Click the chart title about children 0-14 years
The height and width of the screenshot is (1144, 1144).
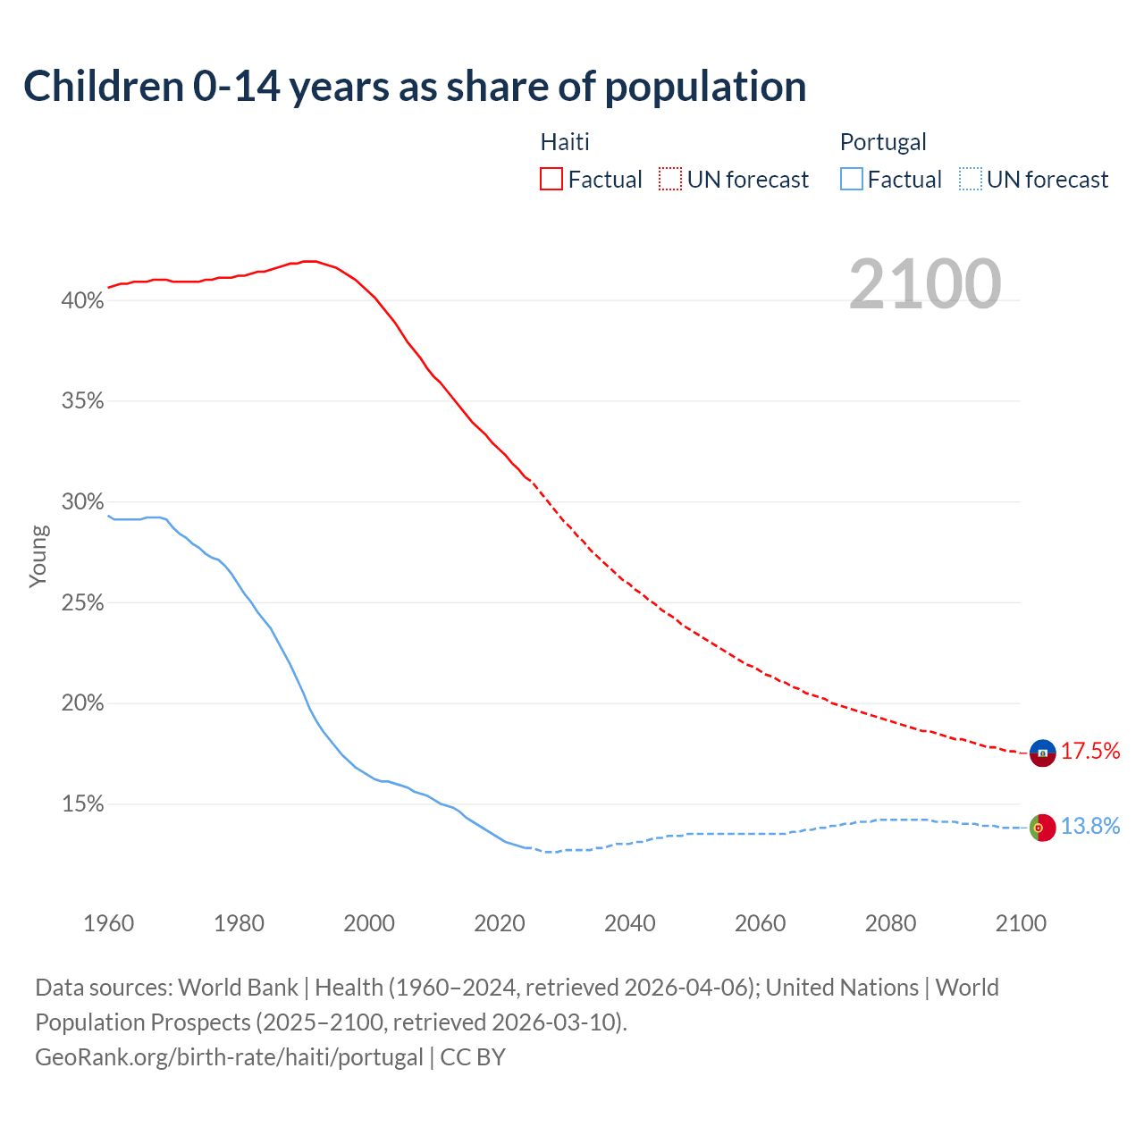tap(415, 87)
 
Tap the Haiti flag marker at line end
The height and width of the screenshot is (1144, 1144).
tap(1043, 753)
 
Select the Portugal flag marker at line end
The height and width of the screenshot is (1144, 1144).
tap(1043, 828)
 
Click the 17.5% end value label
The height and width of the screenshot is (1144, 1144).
tap(1090, 751)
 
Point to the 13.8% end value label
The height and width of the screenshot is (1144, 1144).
tap(1090, 826)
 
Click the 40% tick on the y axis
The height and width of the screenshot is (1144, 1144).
tap(82, 301)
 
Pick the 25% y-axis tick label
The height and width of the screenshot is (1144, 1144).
tap(82, 603)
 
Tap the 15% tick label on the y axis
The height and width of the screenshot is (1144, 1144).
tap(82, 804)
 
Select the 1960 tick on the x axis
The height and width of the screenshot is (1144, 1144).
tap(108, 923)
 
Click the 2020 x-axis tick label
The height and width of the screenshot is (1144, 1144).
tap(500, 923)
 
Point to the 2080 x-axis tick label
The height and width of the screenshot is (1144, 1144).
tap(890, 923)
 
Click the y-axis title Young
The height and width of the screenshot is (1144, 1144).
tap(38, 556)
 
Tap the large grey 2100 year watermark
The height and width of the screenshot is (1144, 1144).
tap(925, 284)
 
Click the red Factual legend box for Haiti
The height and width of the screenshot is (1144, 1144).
tap(551, 180)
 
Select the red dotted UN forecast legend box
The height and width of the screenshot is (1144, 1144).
tap(670, 180)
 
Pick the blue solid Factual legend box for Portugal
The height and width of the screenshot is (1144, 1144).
tap(852, 180)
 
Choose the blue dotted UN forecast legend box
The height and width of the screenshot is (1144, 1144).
tap(971, 180)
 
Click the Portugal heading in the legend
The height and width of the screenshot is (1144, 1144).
tap(883, 142)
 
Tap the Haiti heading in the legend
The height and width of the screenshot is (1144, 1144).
tap(565, 142)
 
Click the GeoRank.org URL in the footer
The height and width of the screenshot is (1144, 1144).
tap(229, 1057)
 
